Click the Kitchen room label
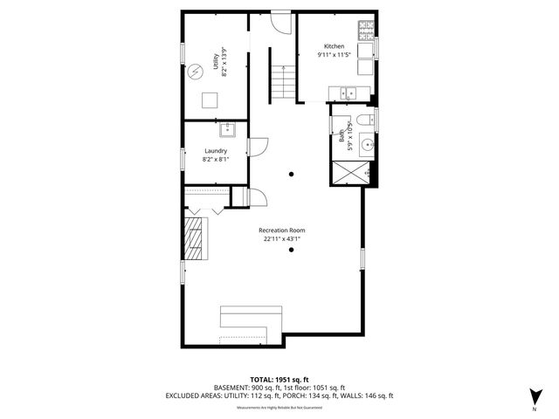[334, 46]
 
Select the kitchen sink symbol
[348, 92]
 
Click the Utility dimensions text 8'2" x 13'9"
[224, 63]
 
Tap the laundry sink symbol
[231, 131]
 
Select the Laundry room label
[215, 151]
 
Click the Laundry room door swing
[257, 148]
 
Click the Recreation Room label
[280, 230]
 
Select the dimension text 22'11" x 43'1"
[280, 239]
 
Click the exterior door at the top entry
[279, 21]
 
